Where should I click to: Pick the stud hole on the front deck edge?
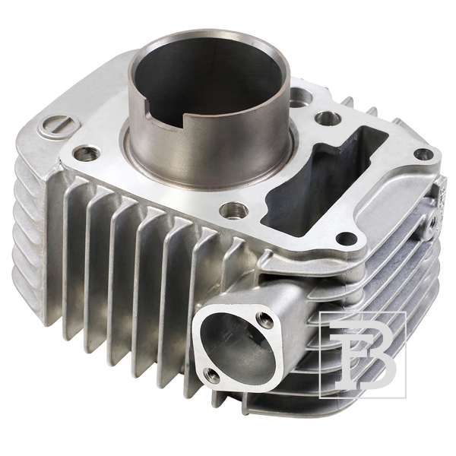230,210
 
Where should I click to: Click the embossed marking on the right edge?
439,193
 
